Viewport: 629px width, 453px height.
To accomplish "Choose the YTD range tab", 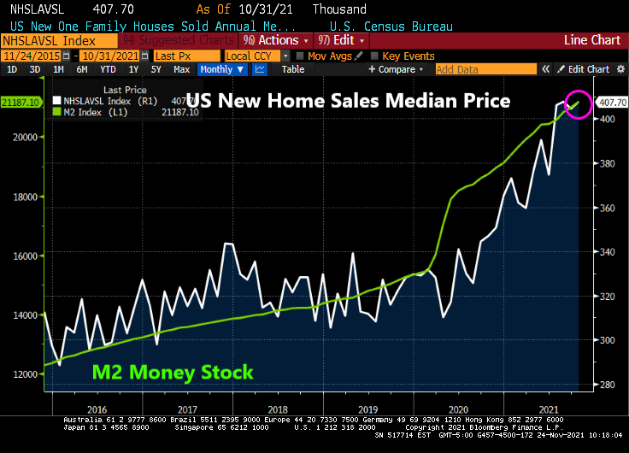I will [108, 69].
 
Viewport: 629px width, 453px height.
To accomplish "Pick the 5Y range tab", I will [156, 69].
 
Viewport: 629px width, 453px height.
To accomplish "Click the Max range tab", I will [181, 69].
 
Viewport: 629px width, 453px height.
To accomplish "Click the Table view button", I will [292, 69].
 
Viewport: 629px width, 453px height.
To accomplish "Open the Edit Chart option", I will [586, 69].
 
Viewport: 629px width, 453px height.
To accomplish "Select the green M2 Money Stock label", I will [173, 373].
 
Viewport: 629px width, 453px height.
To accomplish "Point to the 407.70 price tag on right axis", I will [612, 103].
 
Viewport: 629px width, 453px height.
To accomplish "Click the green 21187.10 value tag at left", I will [21, 103].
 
